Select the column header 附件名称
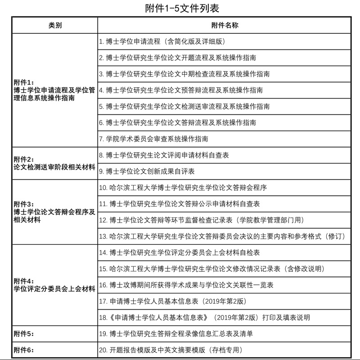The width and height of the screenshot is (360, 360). click(224, 25)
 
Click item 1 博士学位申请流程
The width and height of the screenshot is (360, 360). click(162, 41)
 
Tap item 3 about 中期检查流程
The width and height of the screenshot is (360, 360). click(184, 74)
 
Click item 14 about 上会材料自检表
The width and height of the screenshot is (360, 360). click(180, 253)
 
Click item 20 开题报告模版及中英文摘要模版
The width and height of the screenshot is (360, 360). click(171, 350)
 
